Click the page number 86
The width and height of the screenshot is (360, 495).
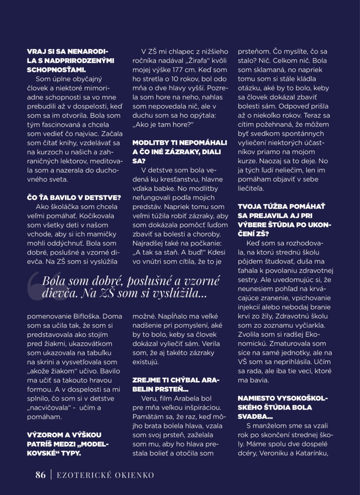coord(40,475)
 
